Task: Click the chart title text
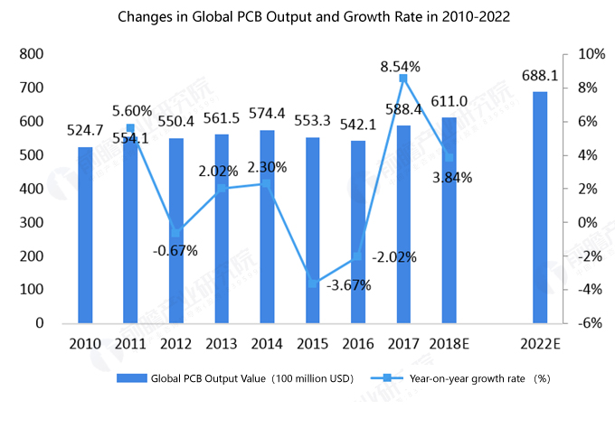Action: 307,16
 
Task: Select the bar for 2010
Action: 85,235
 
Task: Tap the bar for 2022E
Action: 540,208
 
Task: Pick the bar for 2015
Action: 312,230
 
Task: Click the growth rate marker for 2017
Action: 403,79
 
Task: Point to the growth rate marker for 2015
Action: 312,284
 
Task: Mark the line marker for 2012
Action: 175,233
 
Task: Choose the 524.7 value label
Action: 85,131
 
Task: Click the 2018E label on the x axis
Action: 449,343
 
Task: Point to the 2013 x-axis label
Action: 222,343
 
